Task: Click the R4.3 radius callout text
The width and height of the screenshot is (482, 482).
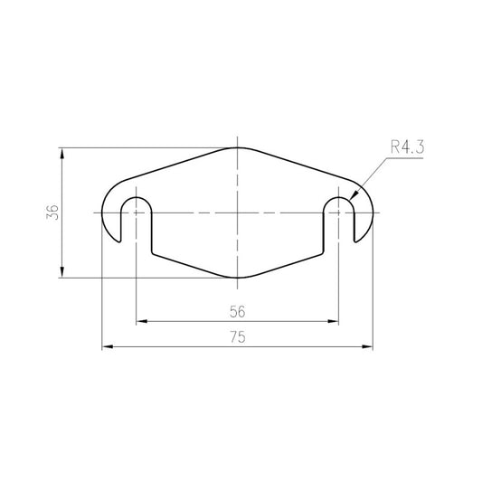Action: coord(407,146)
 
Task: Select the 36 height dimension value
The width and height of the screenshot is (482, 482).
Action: coord(52,212)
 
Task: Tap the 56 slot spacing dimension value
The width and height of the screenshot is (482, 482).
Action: coord(238,312)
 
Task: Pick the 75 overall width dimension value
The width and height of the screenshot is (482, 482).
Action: coord(238,337)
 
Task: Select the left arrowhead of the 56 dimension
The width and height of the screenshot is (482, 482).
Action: coord(141,322)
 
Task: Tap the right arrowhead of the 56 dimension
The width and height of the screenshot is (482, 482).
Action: coord(333,322)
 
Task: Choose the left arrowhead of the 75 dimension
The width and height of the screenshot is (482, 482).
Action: coord(108,346)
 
